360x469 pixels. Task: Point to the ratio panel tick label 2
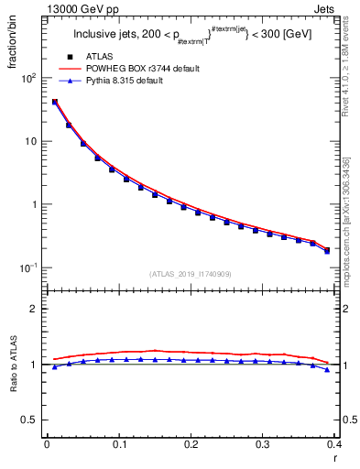point(34,309)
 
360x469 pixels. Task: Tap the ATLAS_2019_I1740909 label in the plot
point(190,274)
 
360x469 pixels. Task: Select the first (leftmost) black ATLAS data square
point(55,103)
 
